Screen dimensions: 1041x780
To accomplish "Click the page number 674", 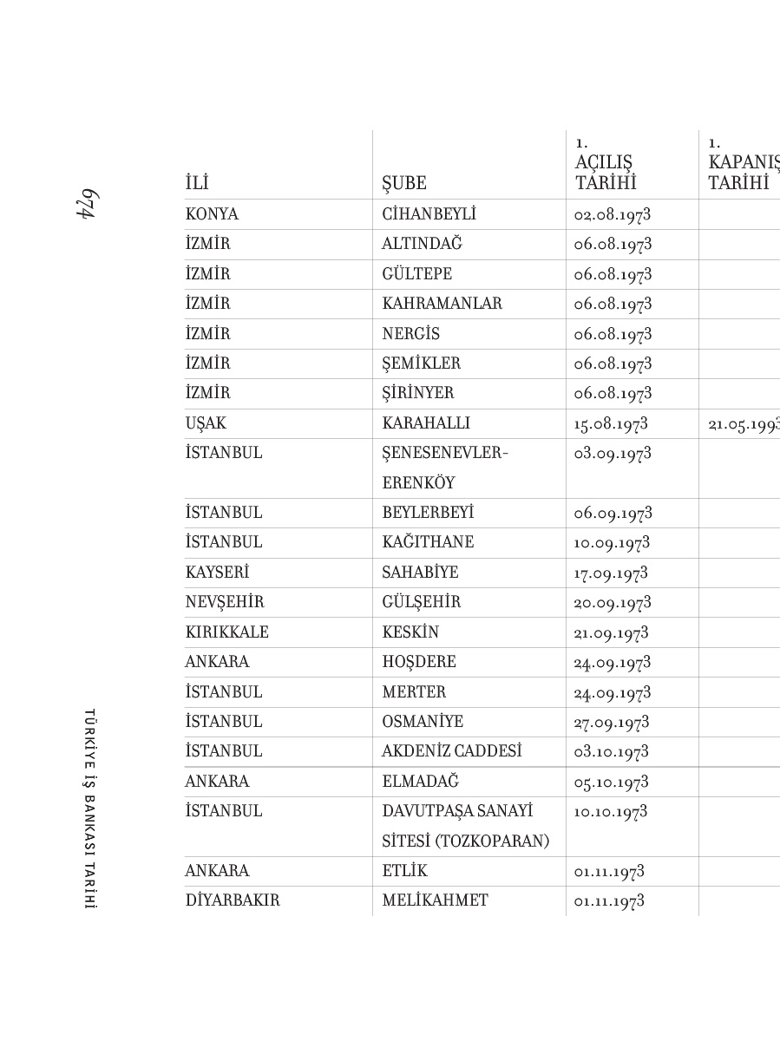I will (x=86, y=205).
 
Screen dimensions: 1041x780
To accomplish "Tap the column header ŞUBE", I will (x=404, y=184).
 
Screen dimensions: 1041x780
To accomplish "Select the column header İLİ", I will (x=197, y=184).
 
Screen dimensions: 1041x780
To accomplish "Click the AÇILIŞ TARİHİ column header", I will (x=605, y=173).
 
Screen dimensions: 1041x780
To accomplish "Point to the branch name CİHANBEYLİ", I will (x=429, y=214).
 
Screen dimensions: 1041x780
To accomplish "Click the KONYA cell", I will (x=212, y=214).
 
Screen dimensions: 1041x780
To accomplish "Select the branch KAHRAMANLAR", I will (x=442, y=304).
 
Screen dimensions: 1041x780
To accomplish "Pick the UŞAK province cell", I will (x=206, y=423).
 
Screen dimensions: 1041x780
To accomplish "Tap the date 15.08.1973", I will (x=611, y=424).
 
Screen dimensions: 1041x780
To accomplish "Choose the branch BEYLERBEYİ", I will (x=428, y=513).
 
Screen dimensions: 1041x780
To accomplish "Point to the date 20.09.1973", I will (x=613, y=603).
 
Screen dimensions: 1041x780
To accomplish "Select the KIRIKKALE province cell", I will (x=226, y=632).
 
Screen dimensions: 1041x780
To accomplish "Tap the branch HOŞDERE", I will (x=419, y=662).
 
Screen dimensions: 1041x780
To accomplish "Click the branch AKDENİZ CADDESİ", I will (x=451, y=751).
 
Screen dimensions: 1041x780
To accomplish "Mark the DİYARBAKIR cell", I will (x=233, y=900).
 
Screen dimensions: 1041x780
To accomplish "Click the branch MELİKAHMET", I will (x=435, y=900).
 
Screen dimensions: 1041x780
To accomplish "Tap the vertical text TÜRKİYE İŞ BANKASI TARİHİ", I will (x=88, y=809).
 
